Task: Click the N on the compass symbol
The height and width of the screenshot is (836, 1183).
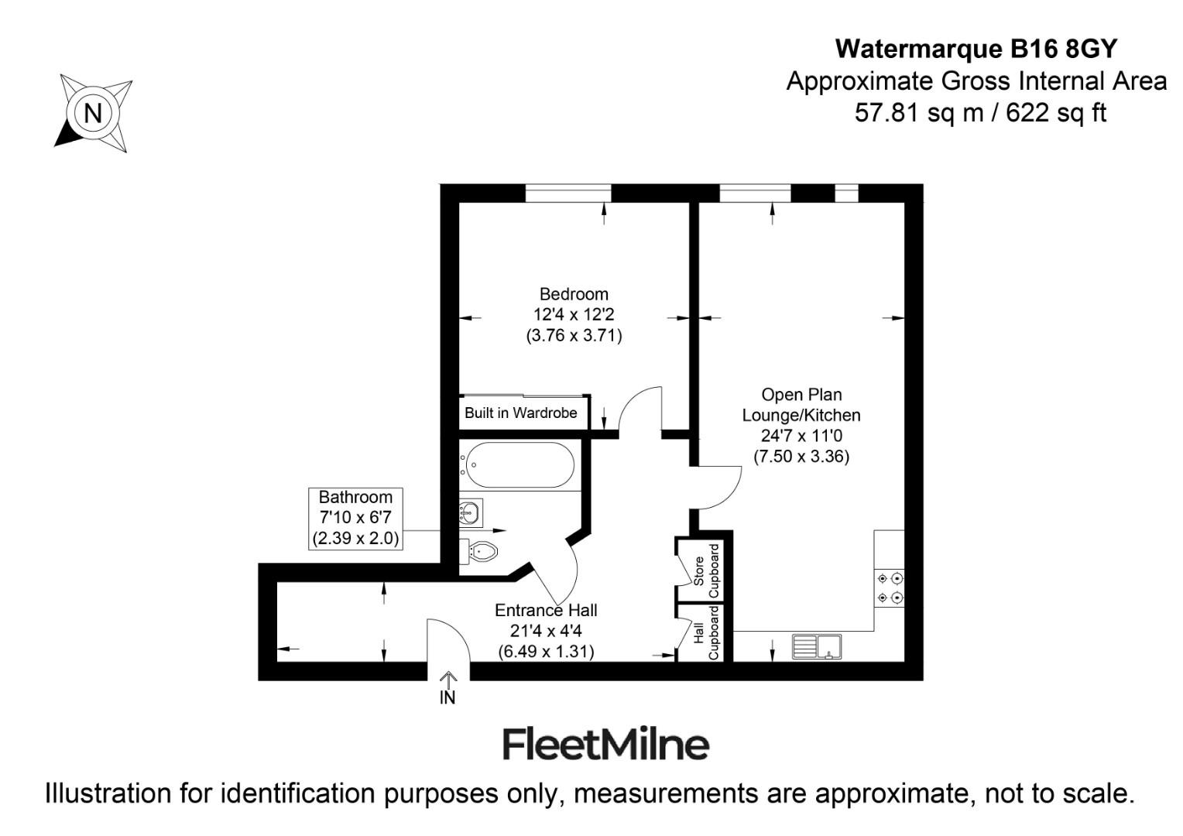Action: [x=93, y=113]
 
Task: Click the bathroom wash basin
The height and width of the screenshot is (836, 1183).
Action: [x=470, y=511]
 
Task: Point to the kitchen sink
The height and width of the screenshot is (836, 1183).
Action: [x=817, y=646]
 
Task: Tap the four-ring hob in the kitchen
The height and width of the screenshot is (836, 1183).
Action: [x=889, y=588]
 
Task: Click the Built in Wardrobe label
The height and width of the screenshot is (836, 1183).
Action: [x=520, y=413]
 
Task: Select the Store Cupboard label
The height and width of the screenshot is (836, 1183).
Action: [x=705, y=571]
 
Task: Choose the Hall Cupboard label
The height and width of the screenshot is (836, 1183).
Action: [x=705, y=632]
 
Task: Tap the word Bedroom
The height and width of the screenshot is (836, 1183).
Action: [x=574, y=294]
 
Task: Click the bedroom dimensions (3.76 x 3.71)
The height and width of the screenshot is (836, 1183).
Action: [x=574, y=335]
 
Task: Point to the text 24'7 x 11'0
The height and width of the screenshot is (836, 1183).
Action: [x=801, y=436]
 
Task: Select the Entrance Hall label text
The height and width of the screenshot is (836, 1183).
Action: [x=546, y=610]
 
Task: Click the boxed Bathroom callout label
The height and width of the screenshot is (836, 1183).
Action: [x=355, y=518]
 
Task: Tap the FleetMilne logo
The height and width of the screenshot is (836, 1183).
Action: [x=605, y=744]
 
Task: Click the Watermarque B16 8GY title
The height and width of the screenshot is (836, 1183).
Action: [x=976, y=49]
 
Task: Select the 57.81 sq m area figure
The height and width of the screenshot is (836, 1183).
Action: [x=917, y=113]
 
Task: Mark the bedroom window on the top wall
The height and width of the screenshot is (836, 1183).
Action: [x=568, y=193]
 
